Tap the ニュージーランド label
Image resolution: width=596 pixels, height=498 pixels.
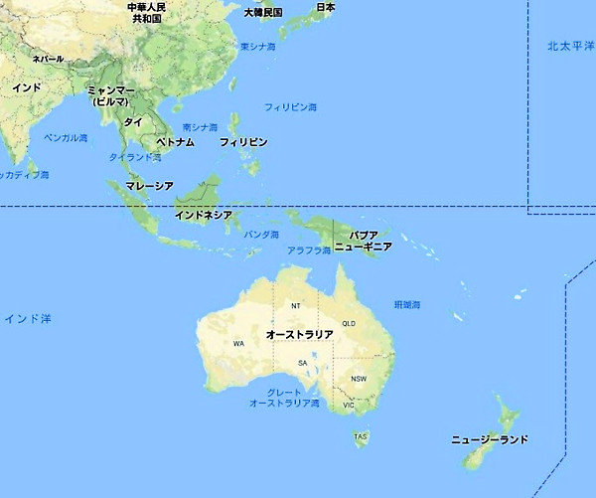coord(489,439)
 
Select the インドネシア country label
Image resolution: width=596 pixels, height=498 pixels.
coord(204,214)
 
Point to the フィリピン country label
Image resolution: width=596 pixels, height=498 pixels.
coord(243,142)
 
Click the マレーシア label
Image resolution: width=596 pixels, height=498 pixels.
coord(150,186)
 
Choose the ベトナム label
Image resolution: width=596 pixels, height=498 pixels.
coord(175,142)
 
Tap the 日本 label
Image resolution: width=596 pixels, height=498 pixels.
coord(325,7)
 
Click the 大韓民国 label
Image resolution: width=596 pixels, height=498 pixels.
coord(263,12)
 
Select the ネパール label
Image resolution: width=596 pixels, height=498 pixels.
coord(48,59)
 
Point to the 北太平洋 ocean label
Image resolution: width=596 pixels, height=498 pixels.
coord(570,46)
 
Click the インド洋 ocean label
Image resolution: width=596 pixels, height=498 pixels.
coord(27,318)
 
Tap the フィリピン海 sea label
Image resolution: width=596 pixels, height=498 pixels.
coord(291,106)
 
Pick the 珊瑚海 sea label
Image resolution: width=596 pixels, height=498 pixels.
coord(407,303)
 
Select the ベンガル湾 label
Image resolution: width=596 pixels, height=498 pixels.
coord(67,137)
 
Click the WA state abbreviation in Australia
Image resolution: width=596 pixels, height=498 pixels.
coord(238,343)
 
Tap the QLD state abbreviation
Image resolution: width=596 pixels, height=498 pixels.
coord(349,324)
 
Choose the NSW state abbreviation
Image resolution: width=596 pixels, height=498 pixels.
coord(359,379)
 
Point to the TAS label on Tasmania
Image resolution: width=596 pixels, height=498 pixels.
coord(361,436)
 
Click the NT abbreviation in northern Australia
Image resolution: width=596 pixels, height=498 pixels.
coord(295,305)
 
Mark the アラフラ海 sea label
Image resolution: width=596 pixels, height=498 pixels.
coord(309,250)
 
